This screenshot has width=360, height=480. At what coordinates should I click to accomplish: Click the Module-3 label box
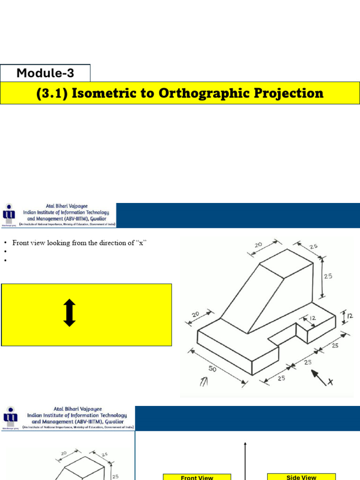pyautogui.click(x=45, y=73)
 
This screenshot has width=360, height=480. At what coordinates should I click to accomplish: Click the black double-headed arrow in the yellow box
pyautogui.click(x=69, y=313)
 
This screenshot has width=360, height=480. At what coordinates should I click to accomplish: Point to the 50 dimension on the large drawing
pyautogui.click(x=212, y=369)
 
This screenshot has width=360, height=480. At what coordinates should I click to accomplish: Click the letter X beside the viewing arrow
pyautogui.click(x=330, y=382)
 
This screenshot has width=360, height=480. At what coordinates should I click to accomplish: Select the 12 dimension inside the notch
pyautogui.click(x=312, y=318)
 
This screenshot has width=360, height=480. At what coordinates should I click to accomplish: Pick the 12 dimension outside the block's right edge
pyautogui.click(x=349, y=316)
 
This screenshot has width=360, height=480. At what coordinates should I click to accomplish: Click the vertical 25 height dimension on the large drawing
pyautogui.click(x=328, y=276)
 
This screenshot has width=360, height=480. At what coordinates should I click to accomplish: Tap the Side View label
pyautogui.click(x=301, y=477)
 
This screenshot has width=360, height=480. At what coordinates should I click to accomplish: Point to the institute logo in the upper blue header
pyautogui.click(x=9, y=215)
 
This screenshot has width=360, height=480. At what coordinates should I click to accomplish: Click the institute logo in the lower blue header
pyautogui.click(x=10, y=418)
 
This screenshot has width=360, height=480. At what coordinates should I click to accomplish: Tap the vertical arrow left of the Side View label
pyautogui.click(x=245, y=459)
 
